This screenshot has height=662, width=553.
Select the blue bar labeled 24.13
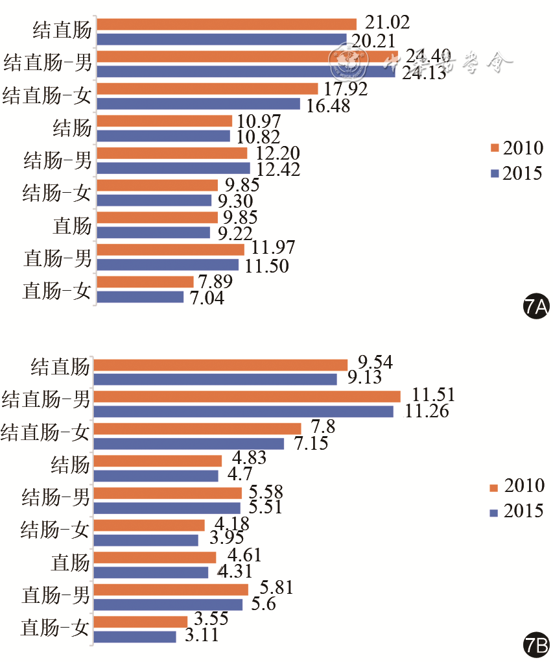(246, 72)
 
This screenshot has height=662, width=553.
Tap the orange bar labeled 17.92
(207, 88)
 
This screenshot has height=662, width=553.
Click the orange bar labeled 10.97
(165, 121)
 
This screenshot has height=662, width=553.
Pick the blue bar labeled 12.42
(174, 168)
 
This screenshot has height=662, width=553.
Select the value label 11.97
(275, 247)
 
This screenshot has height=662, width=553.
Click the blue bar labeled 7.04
(140, 297)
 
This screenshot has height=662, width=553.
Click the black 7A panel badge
(536, 306)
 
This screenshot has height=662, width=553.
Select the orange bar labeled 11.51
(247, 396)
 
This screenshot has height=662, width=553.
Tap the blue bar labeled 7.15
(189, 443)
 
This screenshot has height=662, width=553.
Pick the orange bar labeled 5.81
(171, 589)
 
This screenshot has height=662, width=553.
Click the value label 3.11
(202, 635)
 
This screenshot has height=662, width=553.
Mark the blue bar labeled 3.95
(147, 540)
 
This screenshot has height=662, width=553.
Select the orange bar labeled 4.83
(158, 460)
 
